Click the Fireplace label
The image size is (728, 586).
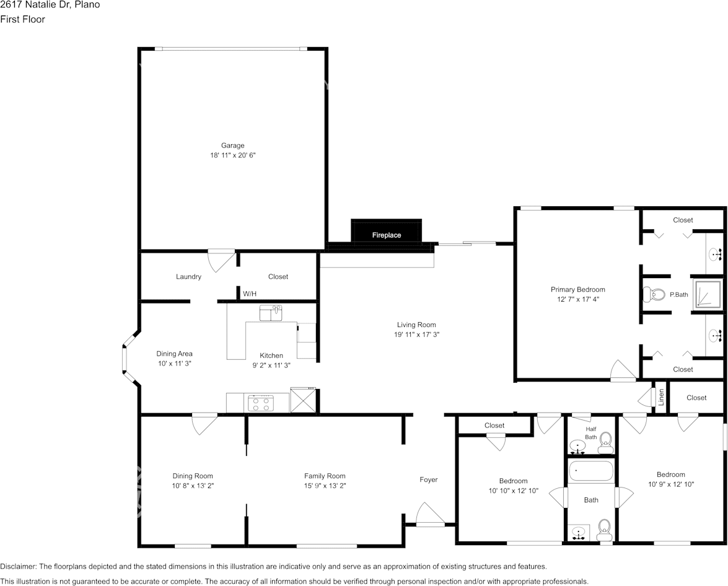(x=386, y=235)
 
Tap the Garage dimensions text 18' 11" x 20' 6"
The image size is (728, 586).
(x=232, y=155)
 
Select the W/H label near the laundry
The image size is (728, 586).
(x=250, y=293)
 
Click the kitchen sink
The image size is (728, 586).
(x=271, y=313)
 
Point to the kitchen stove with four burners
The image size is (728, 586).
(x=261, y=403)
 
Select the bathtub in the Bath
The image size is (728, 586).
(x=591, y=471)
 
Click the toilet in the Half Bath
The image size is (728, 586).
(x=605, y=440)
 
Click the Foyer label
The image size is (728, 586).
(x=428, y=479)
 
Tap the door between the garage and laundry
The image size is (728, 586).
(x=221, y=260)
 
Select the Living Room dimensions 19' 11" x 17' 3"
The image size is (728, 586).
(x=416, y=335)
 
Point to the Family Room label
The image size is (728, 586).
(x=325, y=476)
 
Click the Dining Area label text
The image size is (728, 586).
(x=174, y=354)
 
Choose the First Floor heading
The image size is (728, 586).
(x=22, y=19)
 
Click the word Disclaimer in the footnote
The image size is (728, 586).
(x=18, y=566)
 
